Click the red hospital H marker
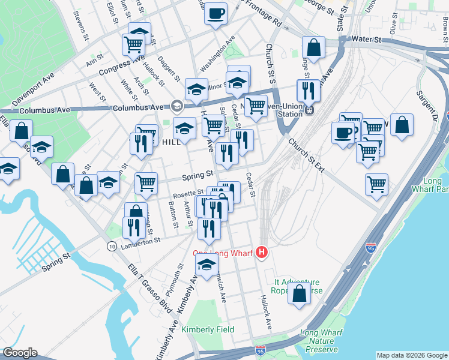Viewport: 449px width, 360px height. pyautogui.click(x=261, y=253)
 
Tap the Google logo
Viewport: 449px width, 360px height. pyautogui.click(x=19, y=353)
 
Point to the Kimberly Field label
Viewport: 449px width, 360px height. pyautogui.click(x=208, y=329)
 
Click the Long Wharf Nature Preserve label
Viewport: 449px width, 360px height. pyautogui.click(x=321, y=341)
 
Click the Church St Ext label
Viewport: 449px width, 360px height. pyautogui.click(x=306, y=156)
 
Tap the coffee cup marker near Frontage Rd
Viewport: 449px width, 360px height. pyautogui.click(x=215, y=13)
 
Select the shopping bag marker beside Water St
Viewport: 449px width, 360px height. pyautogui.click(x=313, y=47)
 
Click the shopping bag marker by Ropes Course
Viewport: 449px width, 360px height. pyautogui.click(x=299, y=294)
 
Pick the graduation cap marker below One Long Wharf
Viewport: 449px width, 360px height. pyautogui.click(x=206, y=265)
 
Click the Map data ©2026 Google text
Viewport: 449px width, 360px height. pyautogui.click(x=411, y=355)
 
